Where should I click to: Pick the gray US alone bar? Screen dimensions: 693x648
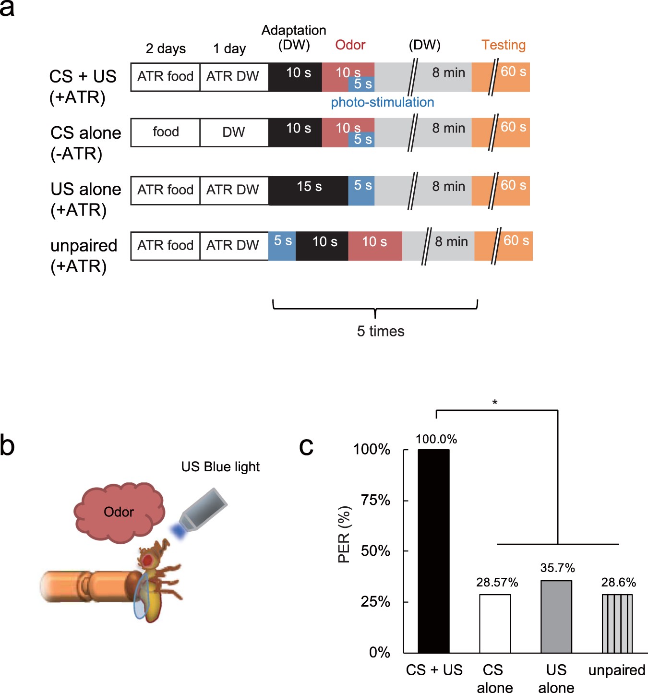[556, 616]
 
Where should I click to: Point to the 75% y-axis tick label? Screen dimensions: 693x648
[375, 500]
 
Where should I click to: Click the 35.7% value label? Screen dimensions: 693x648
[557, 568]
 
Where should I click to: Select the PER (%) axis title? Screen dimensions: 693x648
[344, 534]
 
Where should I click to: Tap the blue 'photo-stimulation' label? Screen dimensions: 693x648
[382, 102]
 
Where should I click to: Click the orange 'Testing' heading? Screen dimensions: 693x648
[504, 45]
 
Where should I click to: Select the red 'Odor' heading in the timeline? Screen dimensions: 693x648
[350, 45]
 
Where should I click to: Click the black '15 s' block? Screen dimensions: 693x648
[309, 190]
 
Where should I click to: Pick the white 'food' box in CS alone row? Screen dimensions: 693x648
[165, 132]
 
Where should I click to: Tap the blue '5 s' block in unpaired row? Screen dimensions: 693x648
[282, 246]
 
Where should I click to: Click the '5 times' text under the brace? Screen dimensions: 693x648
[380, 331]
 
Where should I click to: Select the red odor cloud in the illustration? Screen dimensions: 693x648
[119, 513]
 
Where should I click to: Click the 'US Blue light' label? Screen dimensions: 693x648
[220, 466]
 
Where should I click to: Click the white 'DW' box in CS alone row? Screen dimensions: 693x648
[234, 132]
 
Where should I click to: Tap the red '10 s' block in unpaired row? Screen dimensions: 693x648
[375, 246]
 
